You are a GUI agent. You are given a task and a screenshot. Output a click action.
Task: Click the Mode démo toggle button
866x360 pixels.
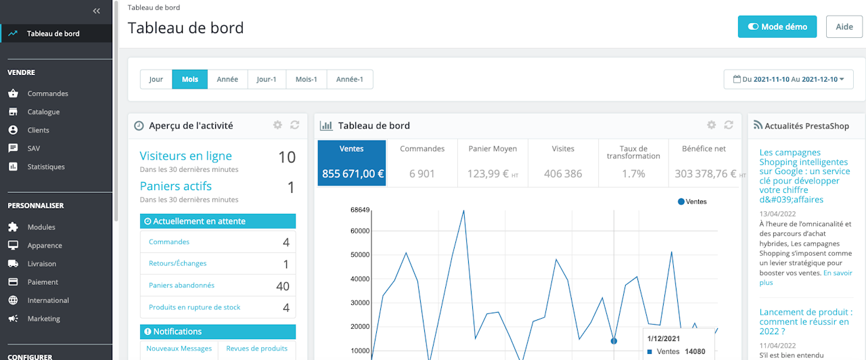[777, 27]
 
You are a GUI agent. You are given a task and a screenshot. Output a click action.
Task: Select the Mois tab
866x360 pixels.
[189, 79]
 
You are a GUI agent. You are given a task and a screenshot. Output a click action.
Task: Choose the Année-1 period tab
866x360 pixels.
[350, 79]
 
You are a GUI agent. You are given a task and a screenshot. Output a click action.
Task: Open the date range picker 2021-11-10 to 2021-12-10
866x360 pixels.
[788, 79]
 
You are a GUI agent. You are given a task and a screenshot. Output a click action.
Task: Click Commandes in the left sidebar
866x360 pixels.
[47, 93]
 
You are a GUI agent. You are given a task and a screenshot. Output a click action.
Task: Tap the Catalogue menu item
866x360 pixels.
[43, 112]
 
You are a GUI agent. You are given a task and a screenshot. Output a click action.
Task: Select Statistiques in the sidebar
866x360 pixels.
[46, 166]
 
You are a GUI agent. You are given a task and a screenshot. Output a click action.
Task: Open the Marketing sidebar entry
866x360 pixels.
[43, 319]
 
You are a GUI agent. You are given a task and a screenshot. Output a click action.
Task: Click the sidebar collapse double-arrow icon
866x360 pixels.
[97, 11]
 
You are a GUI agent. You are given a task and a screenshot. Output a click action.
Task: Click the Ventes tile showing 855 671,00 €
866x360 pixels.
[352, 163]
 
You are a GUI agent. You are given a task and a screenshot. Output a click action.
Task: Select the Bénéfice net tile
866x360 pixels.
[704, 163]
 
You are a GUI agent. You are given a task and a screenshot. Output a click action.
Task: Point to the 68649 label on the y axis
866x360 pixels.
[360, 210]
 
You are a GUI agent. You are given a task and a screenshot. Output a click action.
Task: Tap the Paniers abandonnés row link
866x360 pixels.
[181, 286]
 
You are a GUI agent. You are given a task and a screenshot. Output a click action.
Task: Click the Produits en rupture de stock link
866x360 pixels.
[195, 307]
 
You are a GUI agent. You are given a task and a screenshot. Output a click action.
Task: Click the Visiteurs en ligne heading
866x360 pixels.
[185, 156]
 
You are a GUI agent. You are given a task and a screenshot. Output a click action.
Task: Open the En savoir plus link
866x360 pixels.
[837, 273]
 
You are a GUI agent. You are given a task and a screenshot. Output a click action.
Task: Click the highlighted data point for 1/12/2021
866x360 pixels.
[614, 341]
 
